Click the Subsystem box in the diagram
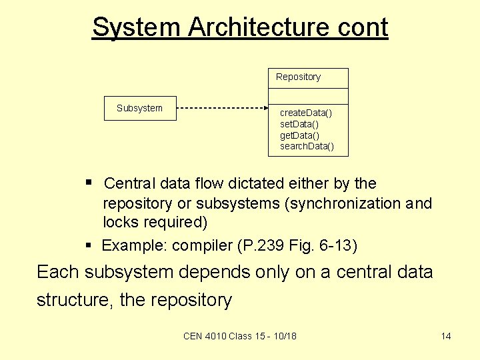click(x=140, y=108)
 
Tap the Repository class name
click(x=298, y=77)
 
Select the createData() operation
click(x=305, y=113)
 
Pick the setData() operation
click(x=299, y=124)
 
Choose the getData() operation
click(x=299, y=135)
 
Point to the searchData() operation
click(x=307, y=146)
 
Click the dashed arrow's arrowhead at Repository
click(x=265, y=108)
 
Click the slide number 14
click(x=446, y=336)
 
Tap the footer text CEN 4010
click(x=205, y=336)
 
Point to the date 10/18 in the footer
click(x=285, y=336)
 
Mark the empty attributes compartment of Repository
click(x=308, y=97)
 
